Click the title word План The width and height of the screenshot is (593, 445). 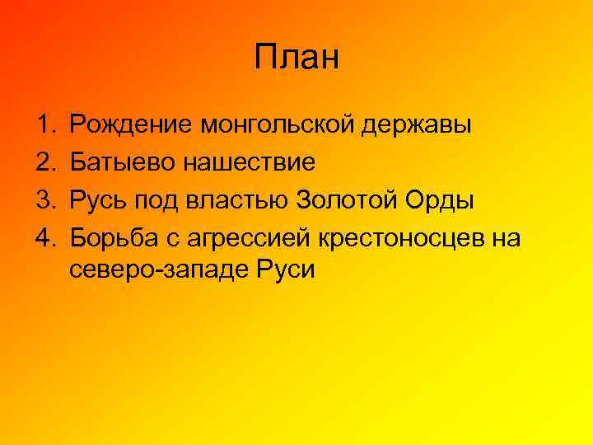(x=296, y=59)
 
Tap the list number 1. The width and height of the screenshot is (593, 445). (x=44, y=125)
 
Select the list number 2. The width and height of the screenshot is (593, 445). (x=44, y=162)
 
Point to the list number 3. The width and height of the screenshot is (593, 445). (x=44, y=199)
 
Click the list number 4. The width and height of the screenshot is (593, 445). (x=44, y=237)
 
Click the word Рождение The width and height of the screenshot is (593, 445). (x=131, y=126)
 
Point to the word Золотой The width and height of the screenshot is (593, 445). (x=345, y=199)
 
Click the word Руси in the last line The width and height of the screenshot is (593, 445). (x=288, y=269)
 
